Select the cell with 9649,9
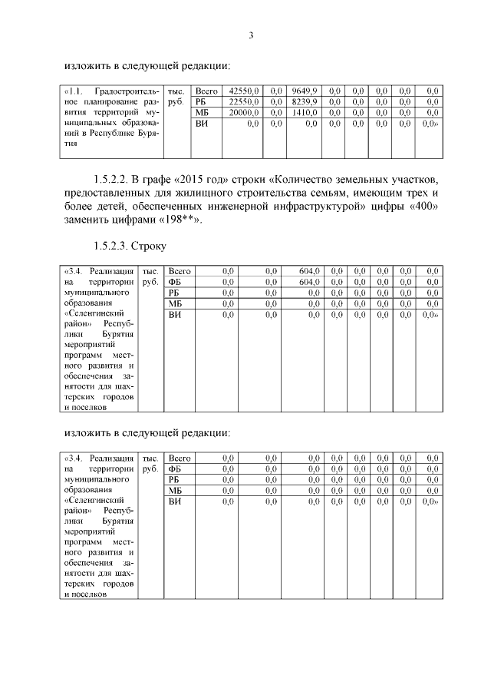click(305, 91)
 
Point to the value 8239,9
click(305, 101)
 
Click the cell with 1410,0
click(306, 112)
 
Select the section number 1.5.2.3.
click(109, 246)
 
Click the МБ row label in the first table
click(203, 112)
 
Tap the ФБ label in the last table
click(175, 468)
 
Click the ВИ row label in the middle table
click(175, 314)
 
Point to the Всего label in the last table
click(179, 458)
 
